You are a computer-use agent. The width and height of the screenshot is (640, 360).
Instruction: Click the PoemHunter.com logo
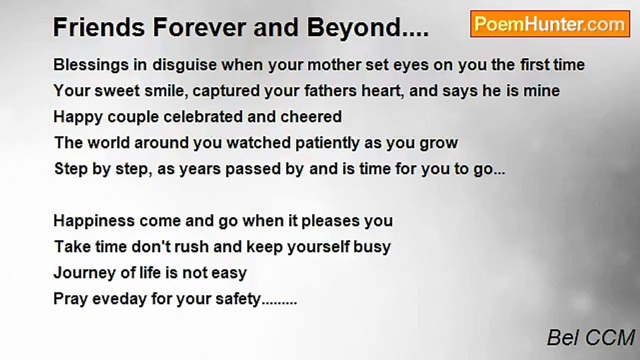click(550, 24)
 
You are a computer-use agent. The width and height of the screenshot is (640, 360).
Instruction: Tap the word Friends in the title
click(99, 27)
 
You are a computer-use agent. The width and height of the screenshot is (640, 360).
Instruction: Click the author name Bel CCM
click(590, 337)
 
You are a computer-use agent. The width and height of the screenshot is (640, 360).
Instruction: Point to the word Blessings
click(91, 65)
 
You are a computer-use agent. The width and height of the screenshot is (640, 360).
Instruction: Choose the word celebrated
click(203, 117)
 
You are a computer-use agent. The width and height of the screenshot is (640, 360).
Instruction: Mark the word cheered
click(311, 117)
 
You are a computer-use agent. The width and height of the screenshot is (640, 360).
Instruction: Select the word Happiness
click(94, 221)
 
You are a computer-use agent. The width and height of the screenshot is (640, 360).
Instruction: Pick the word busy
click(372, 247)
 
